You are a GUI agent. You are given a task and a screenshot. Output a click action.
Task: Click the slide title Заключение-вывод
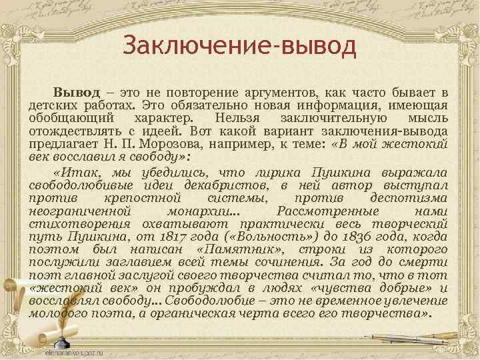[241, 47]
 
